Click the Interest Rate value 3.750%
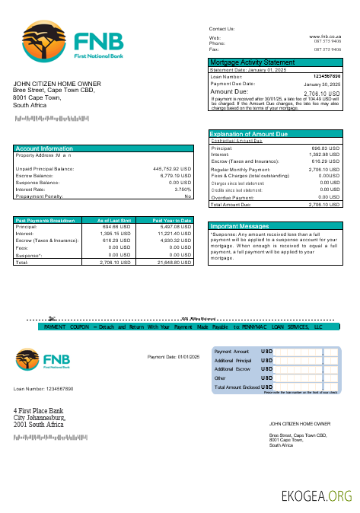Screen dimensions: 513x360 183,190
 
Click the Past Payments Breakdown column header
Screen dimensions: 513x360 46,220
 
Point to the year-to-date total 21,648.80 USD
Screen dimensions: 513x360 174,262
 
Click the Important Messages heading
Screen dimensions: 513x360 239,226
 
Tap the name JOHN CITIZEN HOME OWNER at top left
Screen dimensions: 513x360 56,84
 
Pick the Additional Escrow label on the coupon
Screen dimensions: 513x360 233,368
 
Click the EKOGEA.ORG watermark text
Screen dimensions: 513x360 317,496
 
